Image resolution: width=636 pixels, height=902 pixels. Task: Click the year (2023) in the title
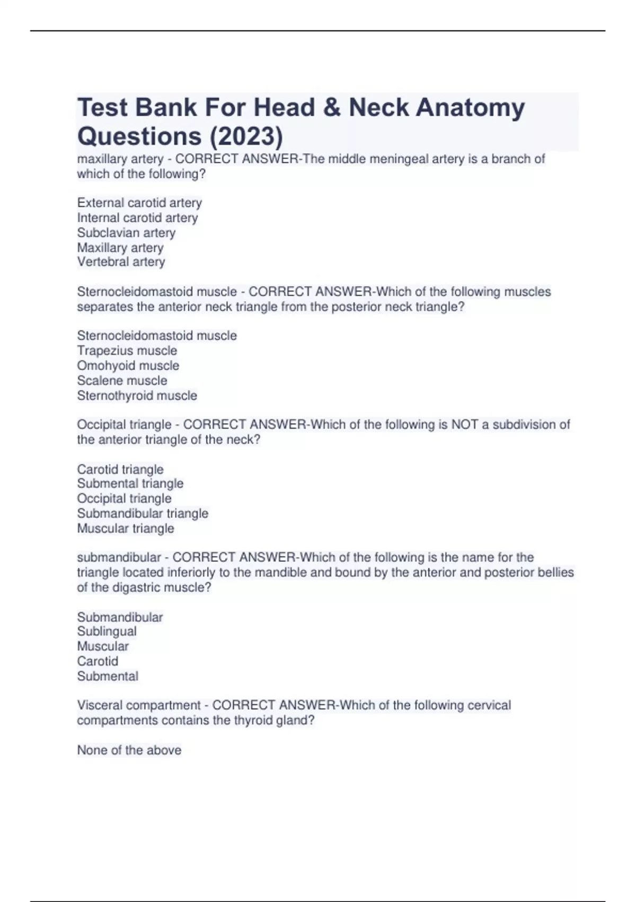246,136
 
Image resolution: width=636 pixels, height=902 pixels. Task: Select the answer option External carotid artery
139,203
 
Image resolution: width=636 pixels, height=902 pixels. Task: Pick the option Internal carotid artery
137,218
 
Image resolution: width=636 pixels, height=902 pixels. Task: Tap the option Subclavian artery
126,232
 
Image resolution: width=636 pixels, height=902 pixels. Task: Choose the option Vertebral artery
121,262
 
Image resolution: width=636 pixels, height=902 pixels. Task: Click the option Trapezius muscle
127,350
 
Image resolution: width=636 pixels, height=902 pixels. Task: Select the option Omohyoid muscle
128,365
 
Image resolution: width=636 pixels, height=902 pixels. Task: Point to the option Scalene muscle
122,380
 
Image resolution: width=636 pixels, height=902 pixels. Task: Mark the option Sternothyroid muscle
137,395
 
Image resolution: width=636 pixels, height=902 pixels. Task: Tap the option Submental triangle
130,483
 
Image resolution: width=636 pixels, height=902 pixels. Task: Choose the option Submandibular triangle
143,513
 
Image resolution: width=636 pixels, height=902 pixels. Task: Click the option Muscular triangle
126,528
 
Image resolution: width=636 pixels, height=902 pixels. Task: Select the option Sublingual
107,631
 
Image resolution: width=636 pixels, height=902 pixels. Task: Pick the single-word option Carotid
98,661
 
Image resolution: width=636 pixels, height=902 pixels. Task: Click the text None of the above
129,750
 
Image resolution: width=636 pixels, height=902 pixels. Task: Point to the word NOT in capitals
465,424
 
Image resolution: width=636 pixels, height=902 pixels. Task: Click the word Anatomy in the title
470,108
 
